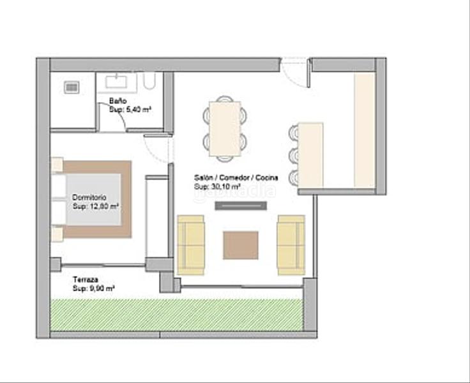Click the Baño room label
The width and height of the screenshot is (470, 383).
click(117, 101)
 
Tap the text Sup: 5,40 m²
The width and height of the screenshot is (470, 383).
click(130, 110)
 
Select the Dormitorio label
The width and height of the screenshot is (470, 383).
click(89, 197)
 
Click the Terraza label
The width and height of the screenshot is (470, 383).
click(85, 280)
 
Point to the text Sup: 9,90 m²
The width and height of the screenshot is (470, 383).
click(94, 289)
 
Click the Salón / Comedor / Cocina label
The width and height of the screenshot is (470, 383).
click(226, 178)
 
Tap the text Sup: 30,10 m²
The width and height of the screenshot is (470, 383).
click(217, 186)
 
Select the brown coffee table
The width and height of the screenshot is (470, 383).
click(241, 245)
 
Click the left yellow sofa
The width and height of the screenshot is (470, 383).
click(190, 245)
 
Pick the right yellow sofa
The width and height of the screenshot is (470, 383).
click(291, 245)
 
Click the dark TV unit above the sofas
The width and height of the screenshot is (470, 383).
click(240, 206)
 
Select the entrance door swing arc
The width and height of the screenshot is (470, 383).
click(294, 71)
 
